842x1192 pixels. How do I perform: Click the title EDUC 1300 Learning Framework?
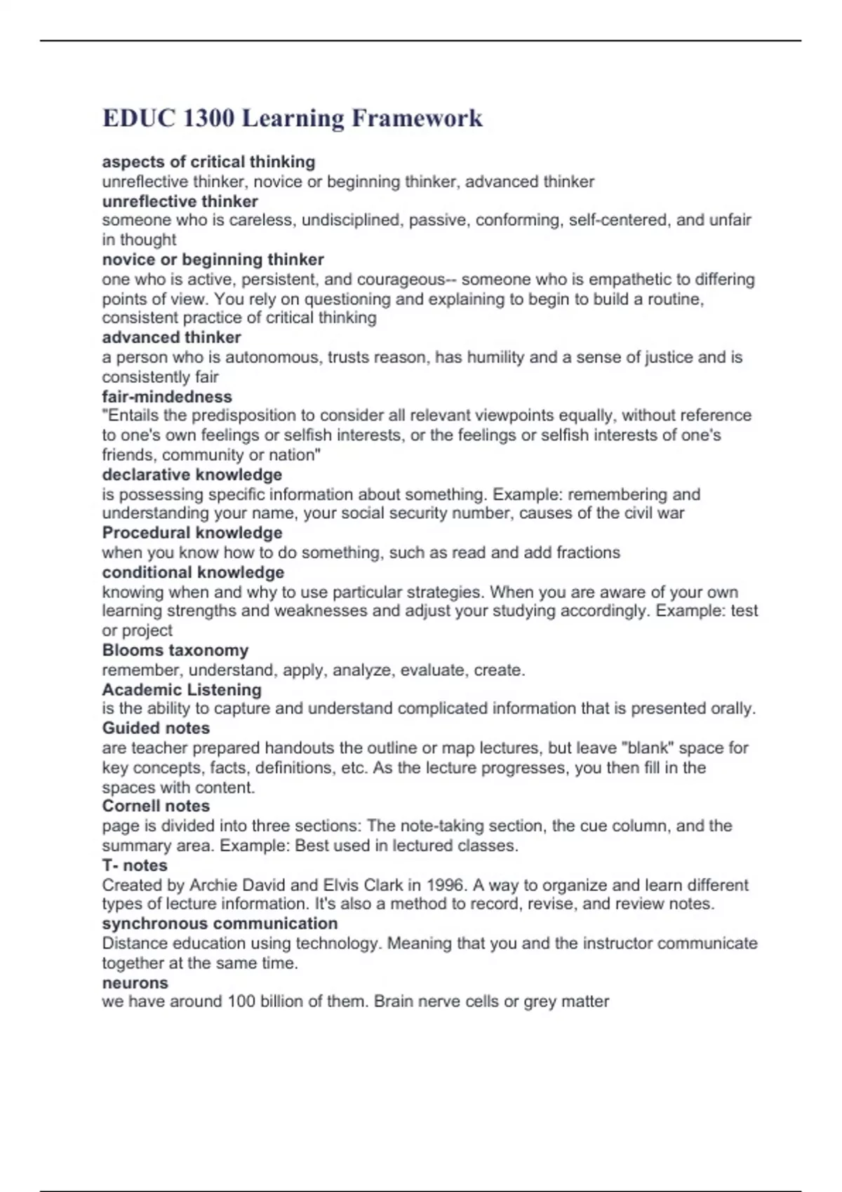click(292, 118)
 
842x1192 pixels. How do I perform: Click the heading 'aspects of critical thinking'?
click(208, 162)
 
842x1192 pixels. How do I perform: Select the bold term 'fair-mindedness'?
click(167, 397)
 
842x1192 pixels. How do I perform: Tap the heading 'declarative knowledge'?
click(192, 475)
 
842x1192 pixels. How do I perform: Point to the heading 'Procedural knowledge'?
click(192, 533)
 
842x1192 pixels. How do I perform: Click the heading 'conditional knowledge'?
click(193, 572)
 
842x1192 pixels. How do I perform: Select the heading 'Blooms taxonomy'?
click(175, 651)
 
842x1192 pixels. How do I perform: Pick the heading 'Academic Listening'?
click(182, 690)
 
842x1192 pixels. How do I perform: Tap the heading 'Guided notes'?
click(156, 729)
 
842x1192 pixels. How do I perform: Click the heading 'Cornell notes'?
click(156, 806)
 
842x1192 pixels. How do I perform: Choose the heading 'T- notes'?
click(135, 865)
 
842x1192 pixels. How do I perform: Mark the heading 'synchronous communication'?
click(220, 923)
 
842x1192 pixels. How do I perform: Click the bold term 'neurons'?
click(135, 983)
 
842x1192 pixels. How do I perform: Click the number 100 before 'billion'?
click(241, 1001)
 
